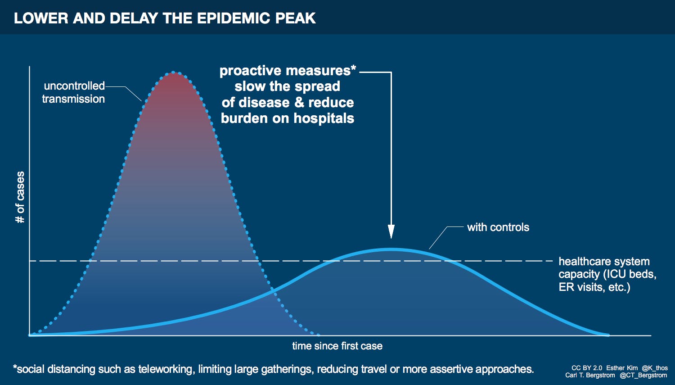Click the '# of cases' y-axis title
20,197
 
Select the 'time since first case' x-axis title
337,346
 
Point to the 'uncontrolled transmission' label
73,92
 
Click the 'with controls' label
498,227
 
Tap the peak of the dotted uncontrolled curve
174,72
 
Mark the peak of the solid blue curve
391,249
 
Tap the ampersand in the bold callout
299,103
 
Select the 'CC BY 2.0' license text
586,368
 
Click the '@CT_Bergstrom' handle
643,375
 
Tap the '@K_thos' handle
655,368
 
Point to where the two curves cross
273,292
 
